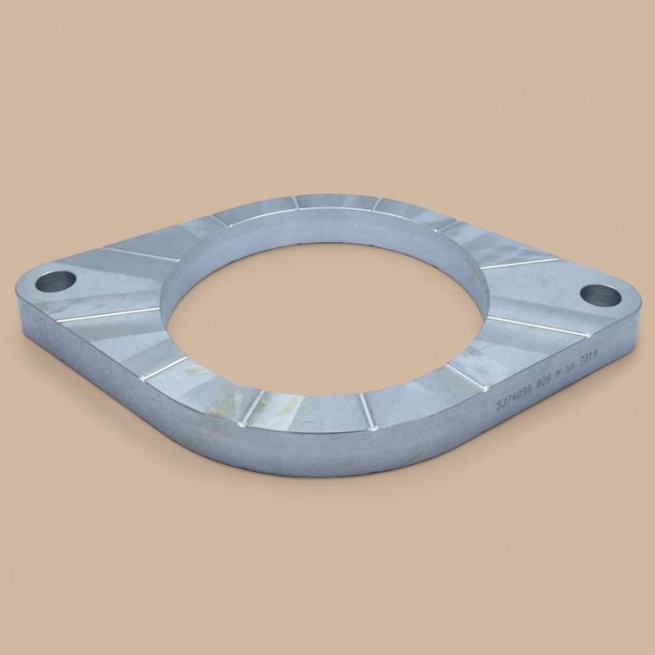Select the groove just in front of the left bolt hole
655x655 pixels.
pos(103,313)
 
